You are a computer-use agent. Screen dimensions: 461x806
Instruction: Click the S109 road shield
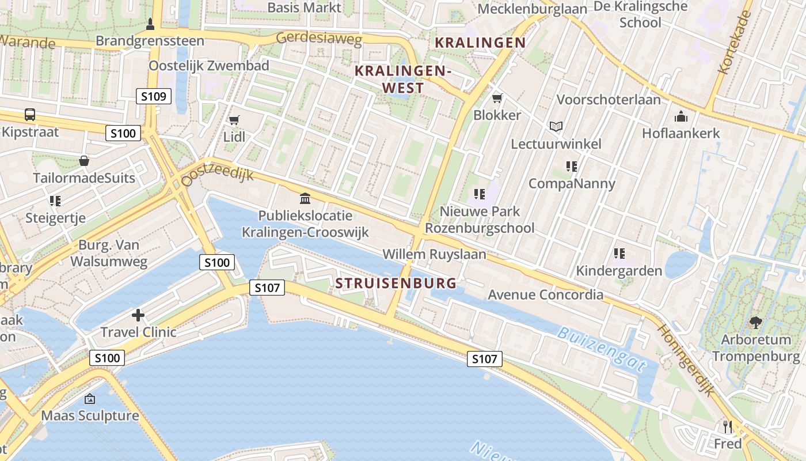(154, 96)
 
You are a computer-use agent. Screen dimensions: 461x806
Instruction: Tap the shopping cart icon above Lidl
(234, 120)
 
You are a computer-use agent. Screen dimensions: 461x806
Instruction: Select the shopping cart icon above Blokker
(497, 98)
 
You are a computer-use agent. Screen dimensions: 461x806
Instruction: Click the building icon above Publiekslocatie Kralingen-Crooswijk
(305, 199)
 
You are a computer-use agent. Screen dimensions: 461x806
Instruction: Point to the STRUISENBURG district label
(396, 283)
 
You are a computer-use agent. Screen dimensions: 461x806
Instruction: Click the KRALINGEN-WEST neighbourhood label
(402, 79)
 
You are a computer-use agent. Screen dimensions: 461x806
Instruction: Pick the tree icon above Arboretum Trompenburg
(755, 323)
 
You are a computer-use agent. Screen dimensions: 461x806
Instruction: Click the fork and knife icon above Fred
(728, 426)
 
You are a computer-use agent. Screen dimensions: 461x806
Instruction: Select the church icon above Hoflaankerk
(681, 116)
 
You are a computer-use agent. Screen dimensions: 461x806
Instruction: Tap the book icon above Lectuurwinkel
(556, 126)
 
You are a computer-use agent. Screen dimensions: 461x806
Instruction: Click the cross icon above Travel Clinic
(138, 315)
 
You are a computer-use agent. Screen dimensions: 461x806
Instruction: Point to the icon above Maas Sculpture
(90, 399)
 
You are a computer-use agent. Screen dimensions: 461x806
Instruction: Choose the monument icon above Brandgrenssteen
(150, 24)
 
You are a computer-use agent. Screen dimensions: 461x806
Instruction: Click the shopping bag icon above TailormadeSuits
(84, 160)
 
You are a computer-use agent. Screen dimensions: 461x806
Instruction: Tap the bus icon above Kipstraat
(30, 114)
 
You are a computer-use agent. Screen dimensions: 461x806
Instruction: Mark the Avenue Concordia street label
(545, 295)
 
